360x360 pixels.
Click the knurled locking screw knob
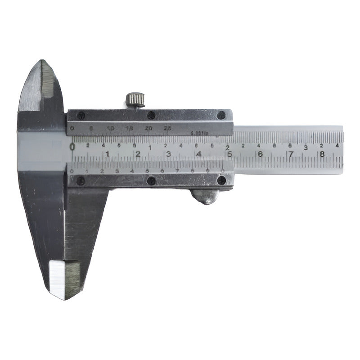point(135,99)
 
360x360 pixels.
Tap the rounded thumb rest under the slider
point(206,197)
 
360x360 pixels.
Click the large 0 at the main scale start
point(72,146)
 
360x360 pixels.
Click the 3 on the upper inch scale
point(306,147)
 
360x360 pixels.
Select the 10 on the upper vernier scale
point(110,129)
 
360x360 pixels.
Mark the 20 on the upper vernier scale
point(149,129)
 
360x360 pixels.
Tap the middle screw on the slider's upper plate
point(152,115)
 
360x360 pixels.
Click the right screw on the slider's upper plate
point(221,115)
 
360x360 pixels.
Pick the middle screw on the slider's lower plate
point(152,181)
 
